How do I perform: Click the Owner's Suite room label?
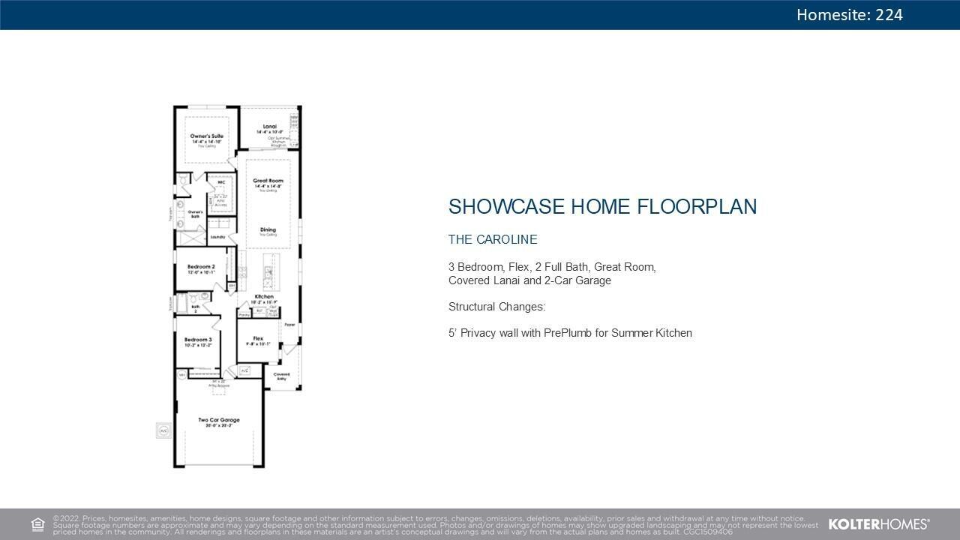tap(206, 136)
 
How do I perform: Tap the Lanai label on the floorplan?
tap(269, 127)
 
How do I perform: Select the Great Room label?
tap(268, 181)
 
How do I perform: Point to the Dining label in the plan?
tap(268, 229)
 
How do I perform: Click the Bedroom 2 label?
tap(201, 267)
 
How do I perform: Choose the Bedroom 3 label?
tap(198, 340)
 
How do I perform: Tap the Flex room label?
tap(258, 338)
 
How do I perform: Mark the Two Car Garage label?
tap(218, 420)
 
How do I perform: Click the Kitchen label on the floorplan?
tap(263, 297)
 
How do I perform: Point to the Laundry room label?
tap(218, 237)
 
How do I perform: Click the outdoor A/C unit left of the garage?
tap(163, 430)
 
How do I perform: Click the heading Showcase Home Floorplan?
tap(602, 207)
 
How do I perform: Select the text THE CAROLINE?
tap(493, 240)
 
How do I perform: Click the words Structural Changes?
tap(497, 307)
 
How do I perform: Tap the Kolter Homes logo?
tap(879, 524)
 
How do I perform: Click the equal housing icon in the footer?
tap(37, 524)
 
